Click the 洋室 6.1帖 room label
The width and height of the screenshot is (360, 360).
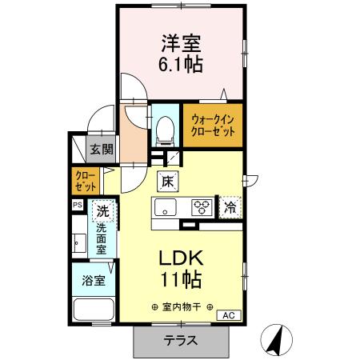click(182, 54)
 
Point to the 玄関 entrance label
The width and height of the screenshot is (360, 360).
click(101, 149)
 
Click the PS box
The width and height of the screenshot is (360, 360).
click(78, 206)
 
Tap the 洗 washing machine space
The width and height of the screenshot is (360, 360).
click(102, 213)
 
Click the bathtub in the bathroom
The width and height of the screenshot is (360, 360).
click(93, 310)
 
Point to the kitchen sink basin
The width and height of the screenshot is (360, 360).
click(165, 209)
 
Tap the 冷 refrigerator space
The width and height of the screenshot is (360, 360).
click(230, 207)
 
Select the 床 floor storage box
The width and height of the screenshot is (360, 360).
click(168, 182)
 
